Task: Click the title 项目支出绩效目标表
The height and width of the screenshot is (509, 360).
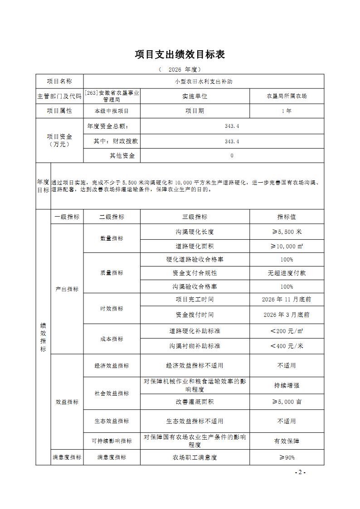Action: pyautogui.click(x=180, y=55)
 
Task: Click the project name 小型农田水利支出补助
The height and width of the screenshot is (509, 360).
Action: pyautogui.click(x=204, y=82)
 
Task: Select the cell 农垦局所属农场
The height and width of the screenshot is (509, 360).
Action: pyautogui.click(x=287, y=96)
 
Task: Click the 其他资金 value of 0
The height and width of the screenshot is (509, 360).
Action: pyautogui.click(x=232, y=156)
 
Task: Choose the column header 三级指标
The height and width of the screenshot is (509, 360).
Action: pyautogui.click(x=195, y=217)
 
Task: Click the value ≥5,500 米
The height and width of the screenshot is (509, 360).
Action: pyautogui.click(x=287, y=232)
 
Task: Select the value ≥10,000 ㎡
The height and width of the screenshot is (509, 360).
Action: pyautogui.click(x=287, y=246)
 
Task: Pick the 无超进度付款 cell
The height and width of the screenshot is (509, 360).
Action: pyautogui.click(x=287, y=273)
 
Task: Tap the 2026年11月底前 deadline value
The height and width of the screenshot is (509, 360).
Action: pyautogui.click(x=287, y=300)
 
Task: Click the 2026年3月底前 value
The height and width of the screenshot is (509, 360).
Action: pyautogui.click(x=287, y=315)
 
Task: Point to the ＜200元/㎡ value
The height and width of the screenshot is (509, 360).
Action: pyautogui.click(x=287, y=331)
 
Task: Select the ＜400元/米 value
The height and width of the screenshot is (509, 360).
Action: pyautogui.click(x=287, y=346)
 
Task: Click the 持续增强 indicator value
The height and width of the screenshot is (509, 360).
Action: pyautogui.click(x=287, y=386)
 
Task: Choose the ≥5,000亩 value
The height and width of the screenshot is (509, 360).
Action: pyautogui.click(x=287, y=402)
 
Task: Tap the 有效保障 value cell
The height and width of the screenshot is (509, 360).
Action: pyautogui.click(x=287, y=441)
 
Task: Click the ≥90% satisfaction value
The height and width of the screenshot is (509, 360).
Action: pyautogui.click(x=287, y=458)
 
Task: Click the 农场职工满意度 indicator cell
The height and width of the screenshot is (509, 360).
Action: pyautogui.click(x=195, y=458)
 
